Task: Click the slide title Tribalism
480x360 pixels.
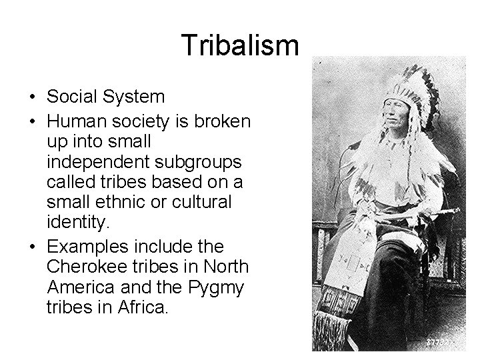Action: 241,45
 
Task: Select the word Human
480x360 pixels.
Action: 77,121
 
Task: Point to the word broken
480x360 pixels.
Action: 222,121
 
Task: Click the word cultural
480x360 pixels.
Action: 199,202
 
